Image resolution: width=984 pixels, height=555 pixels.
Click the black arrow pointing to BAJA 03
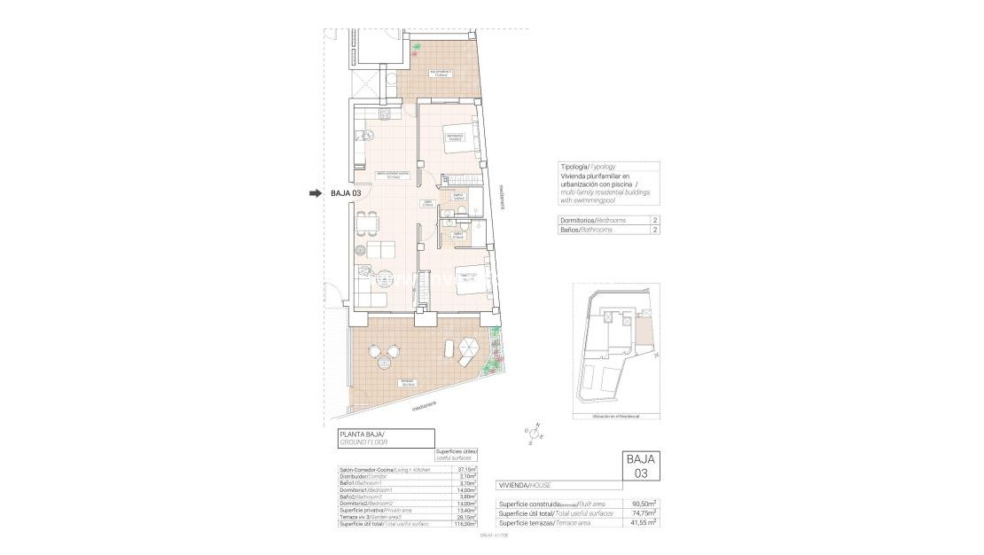[315, 193]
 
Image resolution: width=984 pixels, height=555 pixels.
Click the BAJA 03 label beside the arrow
[346, 193]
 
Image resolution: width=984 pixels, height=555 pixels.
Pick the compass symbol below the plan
[537, 432]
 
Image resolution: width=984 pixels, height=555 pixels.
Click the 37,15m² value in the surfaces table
[466, 469]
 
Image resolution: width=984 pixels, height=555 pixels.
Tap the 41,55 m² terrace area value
[644, 523]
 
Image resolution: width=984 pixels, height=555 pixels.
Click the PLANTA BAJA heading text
[363, 434]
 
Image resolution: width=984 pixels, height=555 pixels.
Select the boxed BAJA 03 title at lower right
[641, 465]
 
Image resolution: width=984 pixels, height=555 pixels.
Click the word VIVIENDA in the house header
[512, 485]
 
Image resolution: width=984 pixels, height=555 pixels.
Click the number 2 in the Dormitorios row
[655, 220]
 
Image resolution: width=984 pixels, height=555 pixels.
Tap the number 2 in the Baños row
[655, 230]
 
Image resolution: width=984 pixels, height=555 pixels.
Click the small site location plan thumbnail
[616, 349]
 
